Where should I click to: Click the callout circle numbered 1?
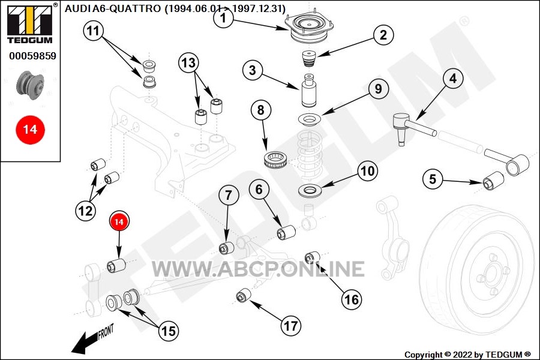223,17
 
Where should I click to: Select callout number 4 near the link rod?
452,79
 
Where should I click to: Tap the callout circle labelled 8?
261,110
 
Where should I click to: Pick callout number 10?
367,171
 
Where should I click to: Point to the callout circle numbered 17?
290,326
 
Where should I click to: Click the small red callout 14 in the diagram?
119,221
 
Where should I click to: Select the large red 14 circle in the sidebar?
31,130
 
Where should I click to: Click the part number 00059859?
33,56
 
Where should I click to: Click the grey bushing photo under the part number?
31,85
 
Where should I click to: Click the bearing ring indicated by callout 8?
275,160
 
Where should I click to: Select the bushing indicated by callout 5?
493,180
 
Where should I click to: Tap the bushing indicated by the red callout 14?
116,265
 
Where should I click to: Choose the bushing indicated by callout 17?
244,295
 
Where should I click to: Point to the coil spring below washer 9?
309,154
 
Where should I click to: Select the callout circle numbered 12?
85,211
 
